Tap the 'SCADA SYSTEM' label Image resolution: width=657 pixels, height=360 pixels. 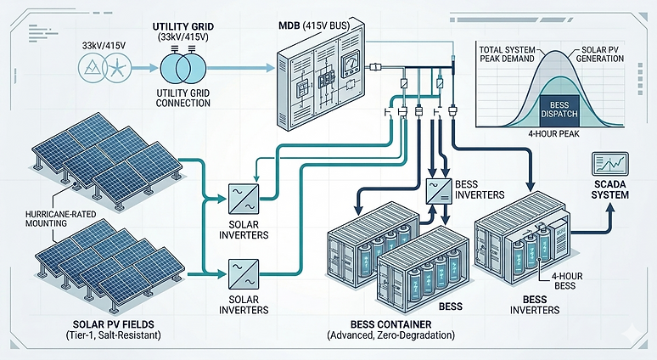(x=609, y=189)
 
